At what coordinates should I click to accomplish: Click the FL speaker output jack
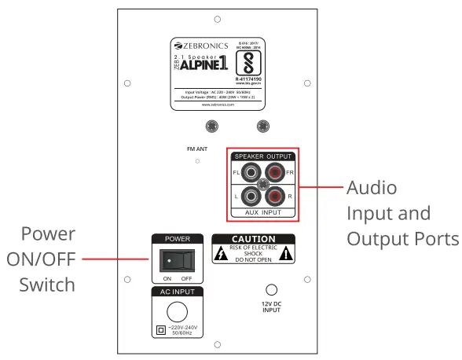[x=251, y=172]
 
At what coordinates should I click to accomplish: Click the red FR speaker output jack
[x=275, y=172]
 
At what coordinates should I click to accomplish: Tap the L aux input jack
[x=251, y=197]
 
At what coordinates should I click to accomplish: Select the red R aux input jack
[x=275, y=197]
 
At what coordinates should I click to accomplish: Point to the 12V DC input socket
[x=271, y=292]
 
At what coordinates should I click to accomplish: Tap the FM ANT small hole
[x=198, y=161]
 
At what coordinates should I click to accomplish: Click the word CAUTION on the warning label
[x=253, y=239]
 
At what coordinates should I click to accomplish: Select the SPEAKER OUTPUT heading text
[x=262, y=156]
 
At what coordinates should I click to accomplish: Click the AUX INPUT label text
[x=262, y=213]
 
